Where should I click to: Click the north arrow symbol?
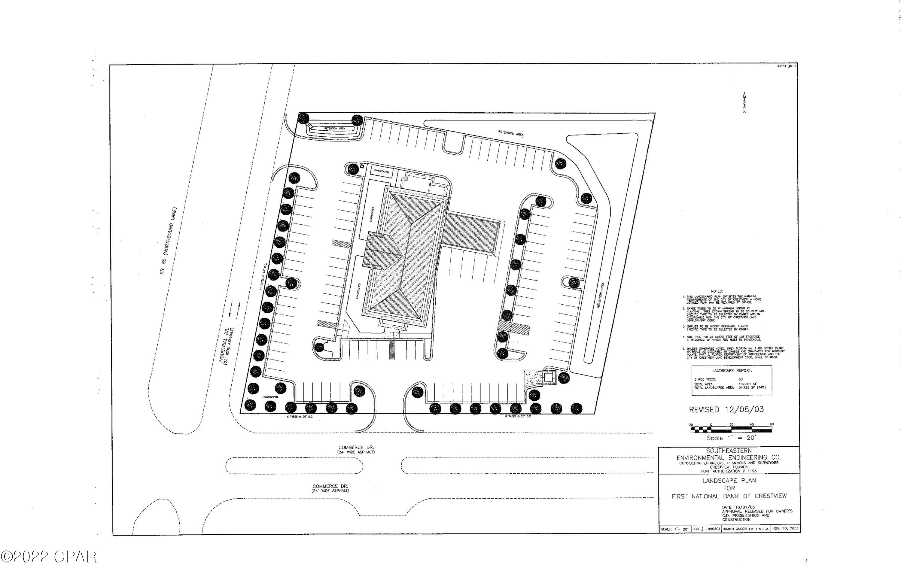744,103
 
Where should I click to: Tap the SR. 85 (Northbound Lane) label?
168,241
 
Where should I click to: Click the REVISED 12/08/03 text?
726,410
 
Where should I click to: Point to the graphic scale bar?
731,429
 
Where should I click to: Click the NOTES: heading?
717,291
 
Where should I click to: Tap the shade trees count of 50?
741,379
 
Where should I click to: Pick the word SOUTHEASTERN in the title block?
729,451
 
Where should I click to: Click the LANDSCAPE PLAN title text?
729,480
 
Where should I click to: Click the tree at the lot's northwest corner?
303,118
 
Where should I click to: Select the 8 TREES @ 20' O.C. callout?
518,416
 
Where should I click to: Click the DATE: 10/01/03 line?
738,507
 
